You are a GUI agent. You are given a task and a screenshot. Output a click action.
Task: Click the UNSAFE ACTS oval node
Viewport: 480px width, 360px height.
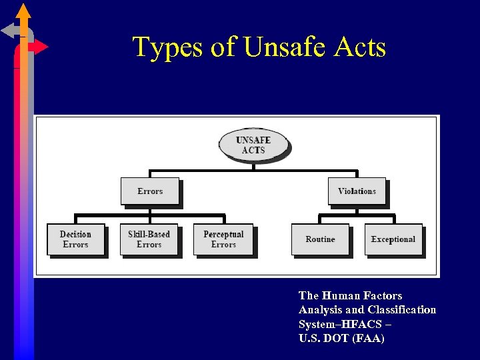(x=253, y=145)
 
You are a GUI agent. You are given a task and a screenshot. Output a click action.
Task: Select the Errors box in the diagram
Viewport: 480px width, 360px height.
(x=150, y=191)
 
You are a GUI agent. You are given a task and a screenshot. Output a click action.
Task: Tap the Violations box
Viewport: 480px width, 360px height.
(x=357, y=191)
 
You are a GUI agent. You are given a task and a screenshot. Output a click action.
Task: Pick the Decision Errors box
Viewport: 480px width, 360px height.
(x=75, y=239)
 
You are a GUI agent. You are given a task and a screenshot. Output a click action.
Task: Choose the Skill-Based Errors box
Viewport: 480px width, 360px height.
(x=149, y=239)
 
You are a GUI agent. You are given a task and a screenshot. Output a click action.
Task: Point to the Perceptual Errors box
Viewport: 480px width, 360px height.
(x=223, y=239)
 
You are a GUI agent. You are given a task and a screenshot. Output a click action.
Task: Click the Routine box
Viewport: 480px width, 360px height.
(x=320, y=239)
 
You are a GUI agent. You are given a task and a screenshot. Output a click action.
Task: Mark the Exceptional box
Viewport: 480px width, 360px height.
(x=393, y=239)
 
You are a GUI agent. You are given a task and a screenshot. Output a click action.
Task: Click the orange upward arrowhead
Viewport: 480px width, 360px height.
(x=23, y=11)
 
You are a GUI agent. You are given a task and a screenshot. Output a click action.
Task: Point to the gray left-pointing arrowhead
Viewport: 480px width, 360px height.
(x=8, y=30)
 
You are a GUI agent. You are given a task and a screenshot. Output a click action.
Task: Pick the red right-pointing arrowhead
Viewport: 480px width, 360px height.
(x=41, y=47)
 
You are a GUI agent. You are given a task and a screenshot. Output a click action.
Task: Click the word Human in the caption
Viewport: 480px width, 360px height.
(x=341, y=295)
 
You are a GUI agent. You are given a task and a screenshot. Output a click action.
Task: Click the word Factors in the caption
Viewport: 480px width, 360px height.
(x=383, y=295)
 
